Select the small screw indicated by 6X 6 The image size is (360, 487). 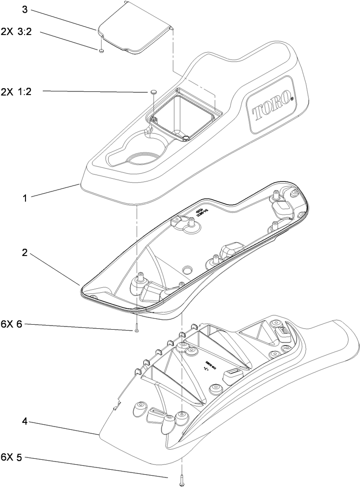(137, 331)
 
